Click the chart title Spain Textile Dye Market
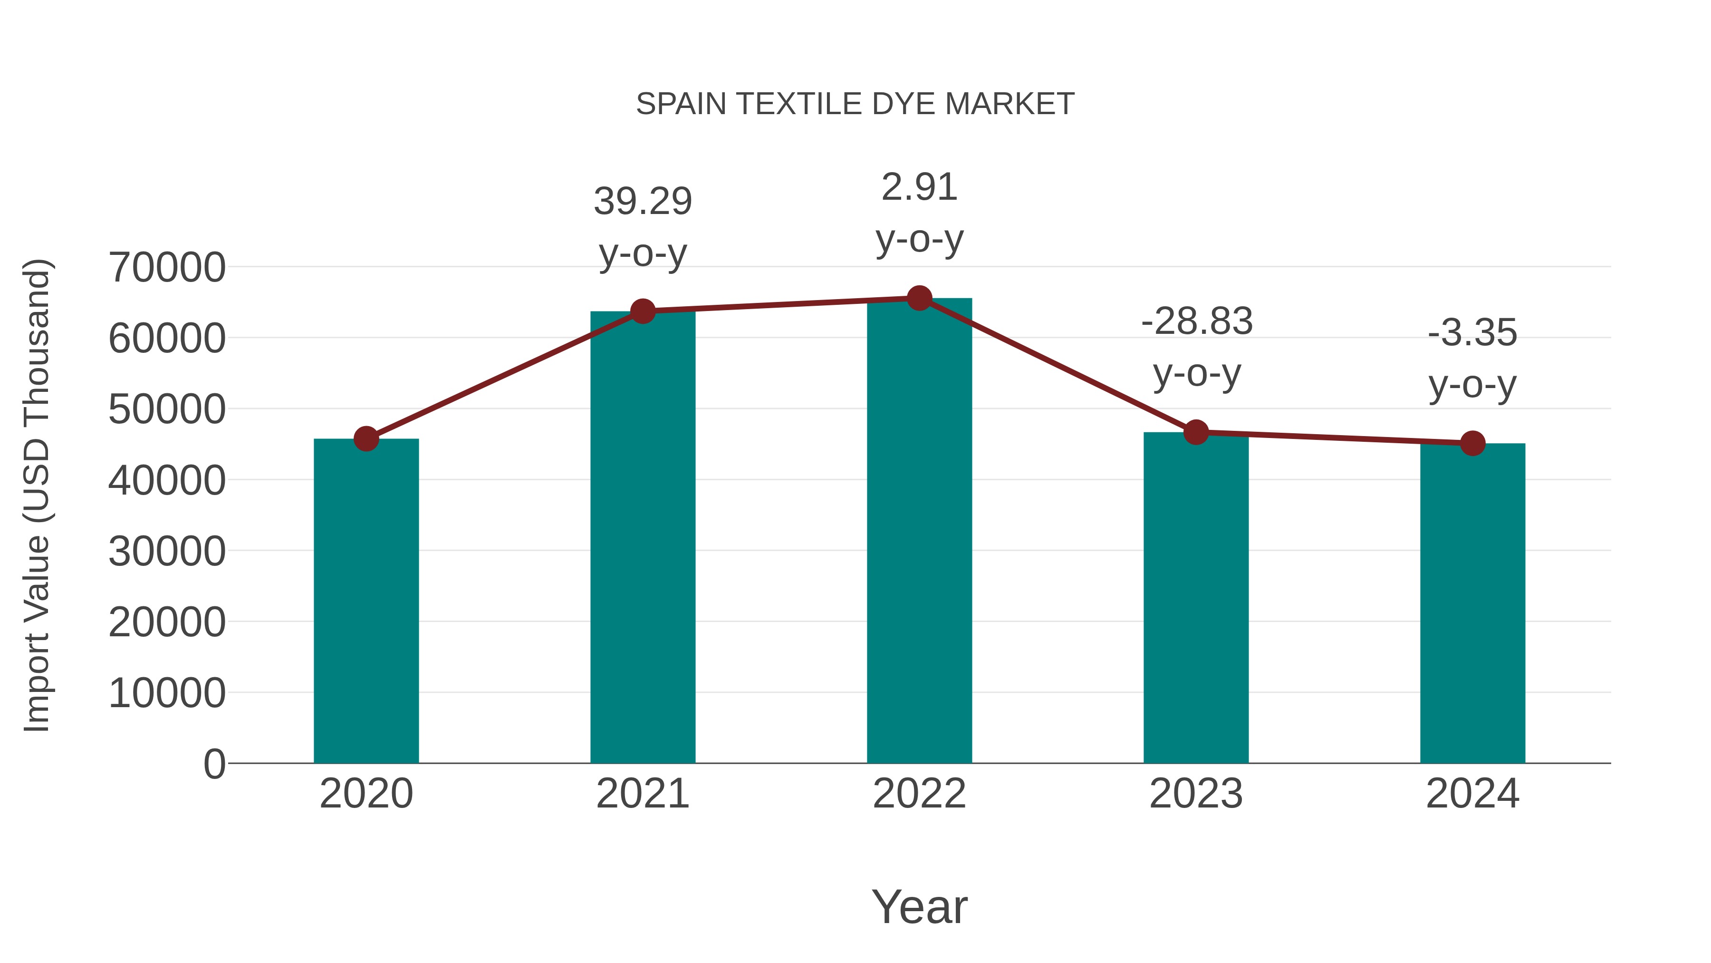click(855, 104)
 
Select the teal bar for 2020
click(366, 602)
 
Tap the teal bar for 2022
click(919, 532)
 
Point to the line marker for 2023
click(1196, 432)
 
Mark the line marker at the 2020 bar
click(366, 438)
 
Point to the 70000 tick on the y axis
click(167, 268)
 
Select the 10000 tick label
click(167, 693)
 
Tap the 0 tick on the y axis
click(214, 764)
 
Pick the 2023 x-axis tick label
click(1196, 794)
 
